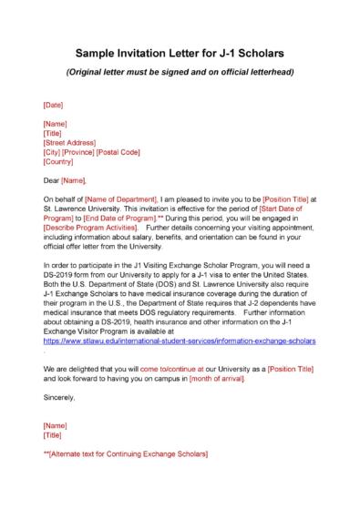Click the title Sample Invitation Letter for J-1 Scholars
click(x=180, y=54)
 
